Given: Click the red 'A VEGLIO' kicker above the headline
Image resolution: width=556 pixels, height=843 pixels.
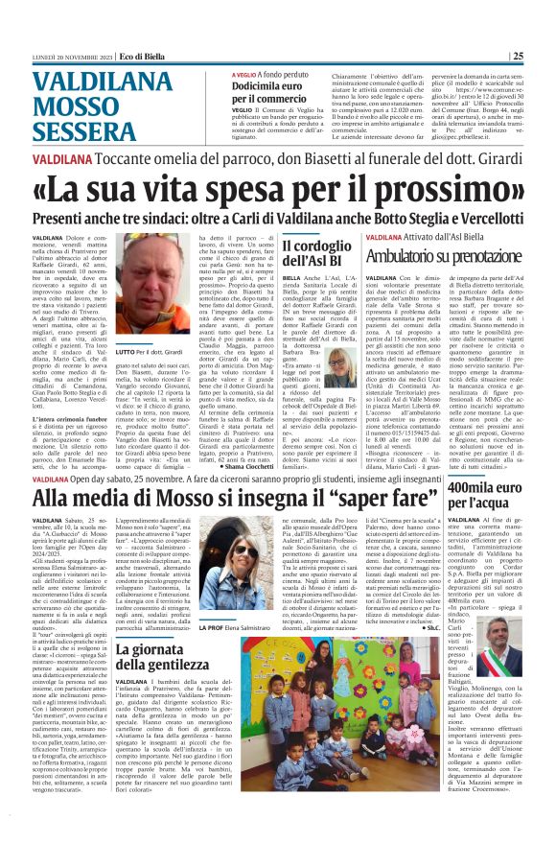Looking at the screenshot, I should click(x=245, y=74).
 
